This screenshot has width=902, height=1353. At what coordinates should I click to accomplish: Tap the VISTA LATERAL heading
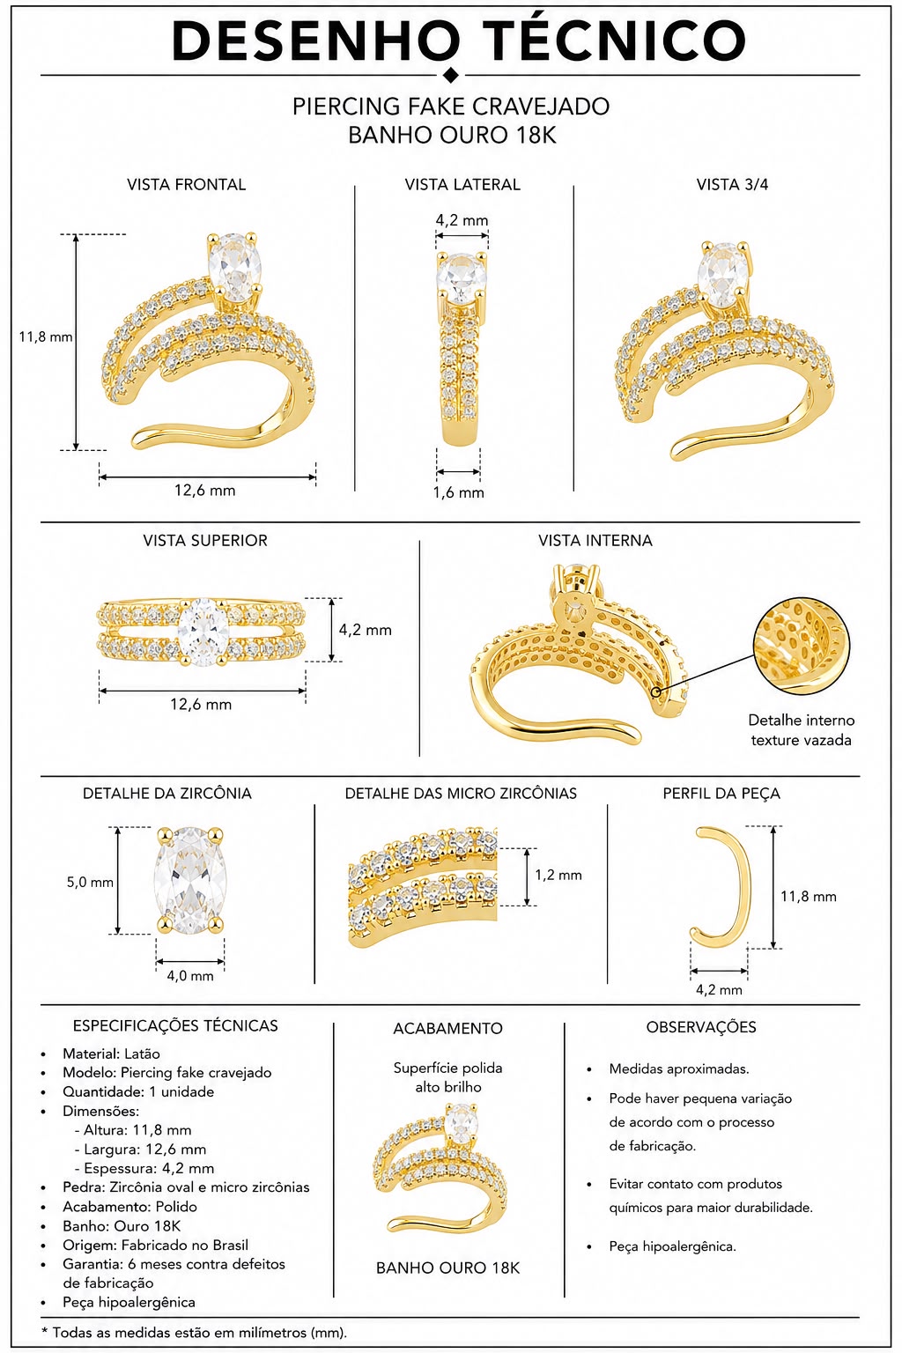pos(462,184)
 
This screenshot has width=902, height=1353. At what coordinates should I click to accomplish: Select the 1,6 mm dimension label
pos(459,492)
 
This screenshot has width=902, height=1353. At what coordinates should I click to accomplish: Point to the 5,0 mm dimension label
pos(90,882)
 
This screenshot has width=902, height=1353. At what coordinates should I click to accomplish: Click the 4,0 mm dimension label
pos(190,975)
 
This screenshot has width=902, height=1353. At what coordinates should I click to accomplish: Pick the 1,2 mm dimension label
pos(558,875)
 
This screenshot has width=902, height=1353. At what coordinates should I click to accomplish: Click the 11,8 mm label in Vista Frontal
pos(46,336)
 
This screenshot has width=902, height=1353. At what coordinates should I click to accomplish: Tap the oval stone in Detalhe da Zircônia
pos(190,880)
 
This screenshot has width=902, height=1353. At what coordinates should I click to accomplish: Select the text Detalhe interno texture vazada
pos(801,729)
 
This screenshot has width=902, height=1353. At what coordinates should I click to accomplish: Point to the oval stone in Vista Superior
pos(203,632)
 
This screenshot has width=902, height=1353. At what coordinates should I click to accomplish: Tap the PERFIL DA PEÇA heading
pos(721,793)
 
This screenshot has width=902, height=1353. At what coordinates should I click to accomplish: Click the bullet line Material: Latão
pos(111,1054)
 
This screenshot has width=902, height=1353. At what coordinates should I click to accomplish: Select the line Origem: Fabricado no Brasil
pos(155,1245)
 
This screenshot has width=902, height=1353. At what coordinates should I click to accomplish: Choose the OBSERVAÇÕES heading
pos(701,1027)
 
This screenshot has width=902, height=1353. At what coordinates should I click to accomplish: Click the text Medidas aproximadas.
pos(679,1068)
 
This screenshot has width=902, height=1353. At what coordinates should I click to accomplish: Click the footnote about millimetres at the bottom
pos(194,1332)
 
